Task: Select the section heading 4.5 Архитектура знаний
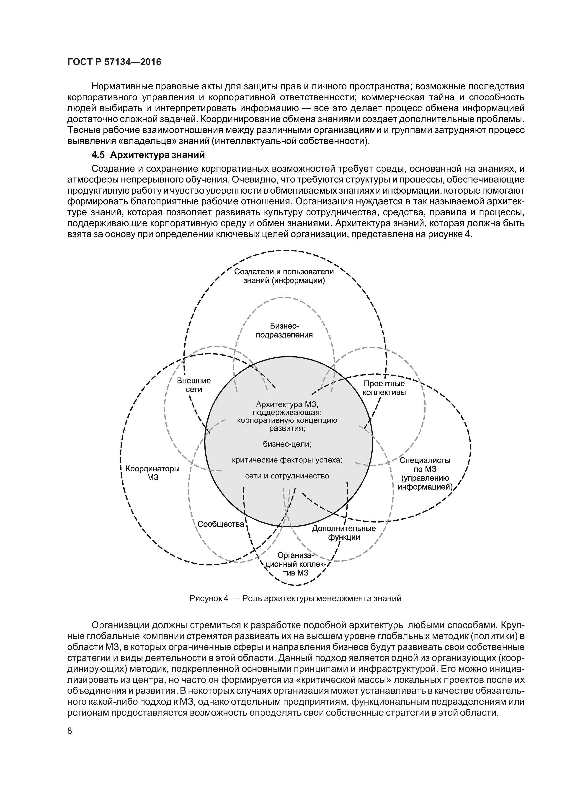148,154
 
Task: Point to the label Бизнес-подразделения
284,331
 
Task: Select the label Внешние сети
194,385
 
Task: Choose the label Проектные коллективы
384,388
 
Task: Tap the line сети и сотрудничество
287,476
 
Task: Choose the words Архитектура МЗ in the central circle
287,404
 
